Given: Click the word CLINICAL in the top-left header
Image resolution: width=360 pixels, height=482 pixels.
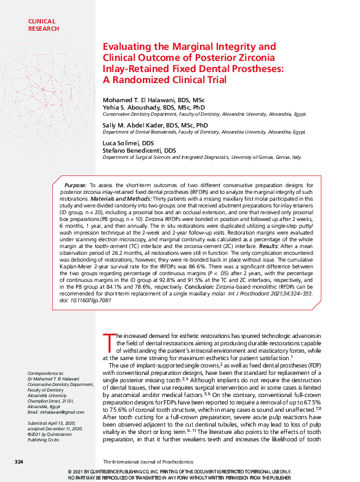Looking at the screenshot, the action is coord(41,22).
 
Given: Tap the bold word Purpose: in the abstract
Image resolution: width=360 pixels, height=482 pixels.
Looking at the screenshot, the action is coord(75,185).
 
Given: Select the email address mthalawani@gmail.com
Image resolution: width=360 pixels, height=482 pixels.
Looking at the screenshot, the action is coord(50,411).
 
